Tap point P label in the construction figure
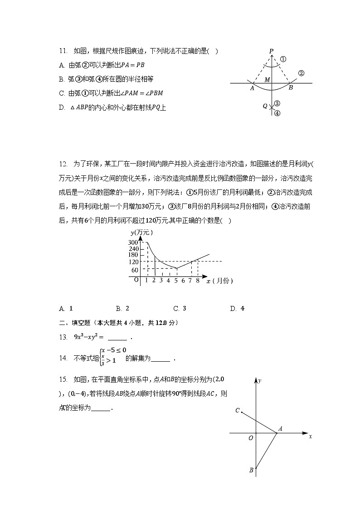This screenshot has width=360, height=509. point(271,51)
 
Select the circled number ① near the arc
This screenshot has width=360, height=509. point(283,59)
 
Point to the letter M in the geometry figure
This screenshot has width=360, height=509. point(268,80)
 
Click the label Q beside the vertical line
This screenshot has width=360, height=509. point(265,106)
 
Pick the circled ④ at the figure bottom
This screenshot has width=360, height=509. point(277,113)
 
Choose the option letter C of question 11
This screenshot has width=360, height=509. point(62,93)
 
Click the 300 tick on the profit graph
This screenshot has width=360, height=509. point(133,243)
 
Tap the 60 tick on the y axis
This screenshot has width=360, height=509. point(135,270)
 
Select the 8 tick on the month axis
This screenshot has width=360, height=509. point(198,281)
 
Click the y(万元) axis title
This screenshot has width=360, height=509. point(141,233)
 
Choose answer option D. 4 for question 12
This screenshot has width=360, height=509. point(237,309)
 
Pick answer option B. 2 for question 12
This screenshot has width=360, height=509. point(122,309)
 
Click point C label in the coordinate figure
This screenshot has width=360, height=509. point(237,411)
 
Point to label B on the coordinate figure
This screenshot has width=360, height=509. point(251,470)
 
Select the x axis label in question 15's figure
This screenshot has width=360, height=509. point(310,436)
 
